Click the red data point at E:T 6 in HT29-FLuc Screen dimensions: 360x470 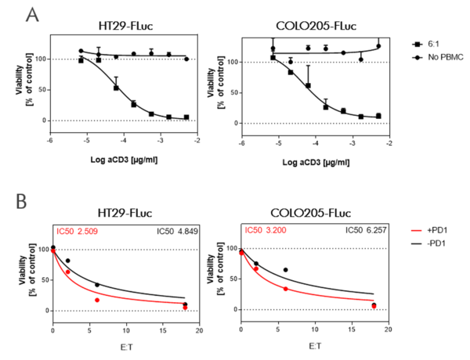click(97, 301)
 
